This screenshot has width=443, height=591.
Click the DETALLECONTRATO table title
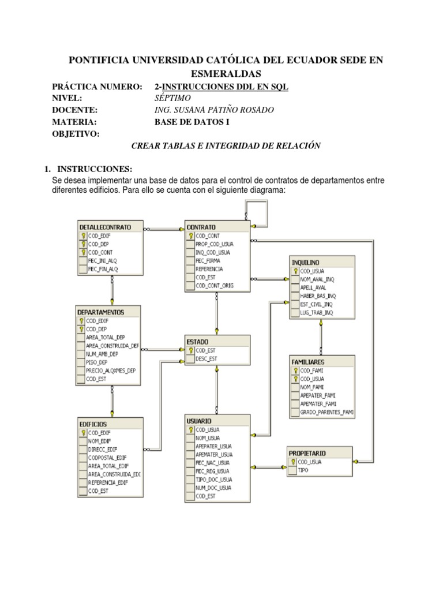105,227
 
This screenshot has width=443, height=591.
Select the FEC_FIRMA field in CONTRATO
207,260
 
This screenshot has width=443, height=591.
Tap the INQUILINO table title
306,263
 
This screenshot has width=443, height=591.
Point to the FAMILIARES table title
310,361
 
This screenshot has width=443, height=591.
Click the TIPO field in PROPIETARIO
303,470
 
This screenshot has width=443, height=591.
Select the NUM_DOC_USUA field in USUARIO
213,488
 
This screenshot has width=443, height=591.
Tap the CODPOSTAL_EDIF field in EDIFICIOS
107,457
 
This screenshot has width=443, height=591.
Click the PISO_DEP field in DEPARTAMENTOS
97,362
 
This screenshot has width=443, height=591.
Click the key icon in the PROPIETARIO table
293,462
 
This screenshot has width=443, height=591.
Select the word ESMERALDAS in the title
226,74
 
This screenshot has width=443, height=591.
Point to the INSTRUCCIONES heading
95,169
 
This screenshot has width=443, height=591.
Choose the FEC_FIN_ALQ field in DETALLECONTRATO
103,269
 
